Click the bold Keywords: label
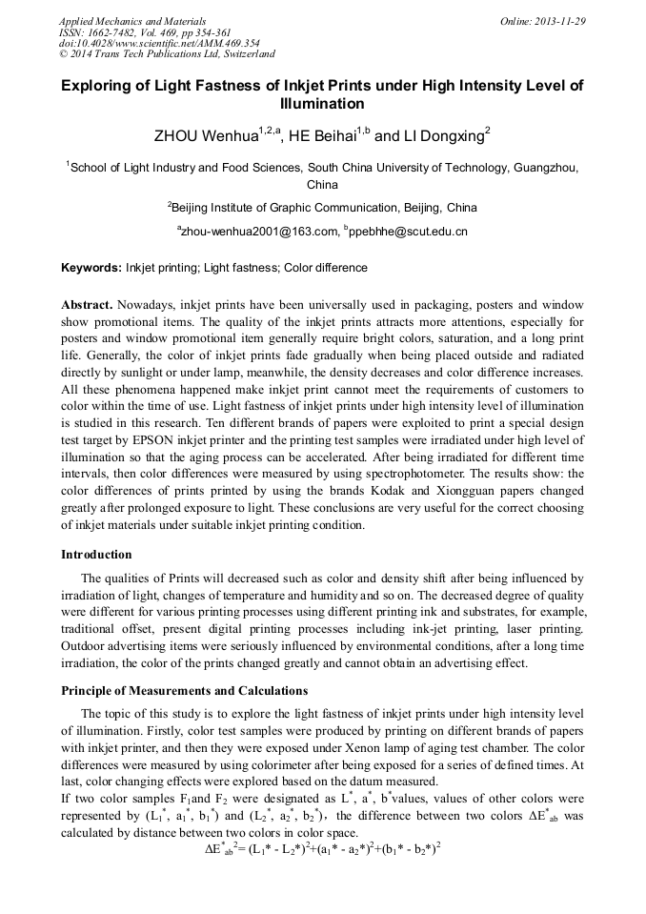(91, 269)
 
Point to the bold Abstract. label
(87, 305)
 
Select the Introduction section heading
(97, 554)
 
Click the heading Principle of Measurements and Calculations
(185, 690)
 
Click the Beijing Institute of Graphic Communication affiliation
(323, 207)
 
